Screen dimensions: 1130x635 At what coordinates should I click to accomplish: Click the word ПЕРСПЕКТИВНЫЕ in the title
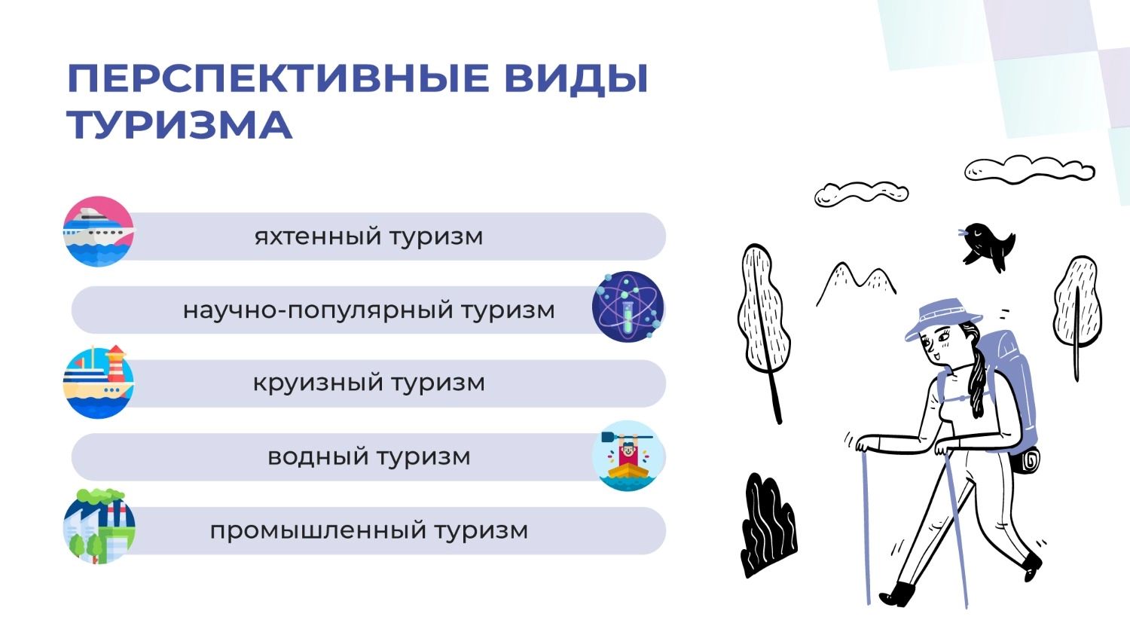click(x=279, y=78)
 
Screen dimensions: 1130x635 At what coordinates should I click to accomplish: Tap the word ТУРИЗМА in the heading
click(x=179, y=124)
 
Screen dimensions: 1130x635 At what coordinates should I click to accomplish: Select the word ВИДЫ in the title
click(x=576, y=79)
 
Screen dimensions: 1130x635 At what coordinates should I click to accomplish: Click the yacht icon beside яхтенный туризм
click(x=99, y=231)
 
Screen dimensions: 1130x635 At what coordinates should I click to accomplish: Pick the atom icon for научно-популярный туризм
click(x=628, y=307)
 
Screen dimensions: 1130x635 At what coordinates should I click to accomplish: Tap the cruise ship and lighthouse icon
click(x=99, y=382)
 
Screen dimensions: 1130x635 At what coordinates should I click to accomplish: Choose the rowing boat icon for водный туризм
click(x=628, y=456)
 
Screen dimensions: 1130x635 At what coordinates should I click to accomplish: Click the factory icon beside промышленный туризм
click(x=99, y=527)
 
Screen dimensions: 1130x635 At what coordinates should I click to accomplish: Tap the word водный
click(x=318, y=457)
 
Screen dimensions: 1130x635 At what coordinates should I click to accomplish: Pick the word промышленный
click(x=318, y=530)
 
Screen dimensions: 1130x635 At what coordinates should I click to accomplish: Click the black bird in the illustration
click(x=986, y=246)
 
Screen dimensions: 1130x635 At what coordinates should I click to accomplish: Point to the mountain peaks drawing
click(x=856, y=283)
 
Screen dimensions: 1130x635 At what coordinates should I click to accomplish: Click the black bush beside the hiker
click(x=768, y=524)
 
